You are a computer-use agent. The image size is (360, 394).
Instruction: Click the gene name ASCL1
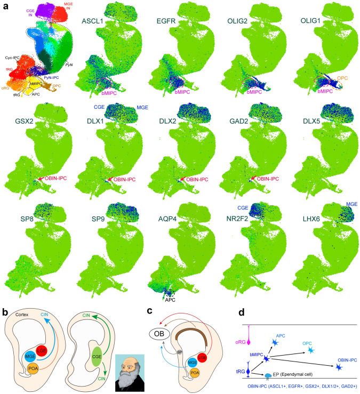tap(92, 21)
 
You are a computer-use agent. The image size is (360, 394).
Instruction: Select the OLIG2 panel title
tap(237, 21)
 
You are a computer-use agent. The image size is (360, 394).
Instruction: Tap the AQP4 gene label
tap(167, 219)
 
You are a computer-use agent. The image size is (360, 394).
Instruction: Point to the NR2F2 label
tap(237, 219)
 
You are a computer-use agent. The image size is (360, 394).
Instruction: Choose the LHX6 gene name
tap(311, 219)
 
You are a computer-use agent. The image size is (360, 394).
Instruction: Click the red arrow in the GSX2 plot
tap(41, 179)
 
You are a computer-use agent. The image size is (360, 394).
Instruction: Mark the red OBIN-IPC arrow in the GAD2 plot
tap(253, 179)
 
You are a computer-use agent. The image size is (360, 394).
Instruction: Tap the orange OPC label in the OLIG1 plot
tap(342, 78)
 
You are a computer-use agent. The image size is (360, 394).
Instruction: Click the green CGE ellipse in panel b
tap(97, 357)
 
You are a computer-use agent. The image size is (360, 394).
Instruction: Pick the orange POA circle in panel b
tap(33, 368)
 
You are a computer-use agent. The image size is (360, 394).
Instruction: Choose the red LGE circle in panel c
tap(202, 357)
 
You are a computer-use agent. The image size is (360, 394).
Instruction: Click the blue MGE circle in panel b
tap(30, 356)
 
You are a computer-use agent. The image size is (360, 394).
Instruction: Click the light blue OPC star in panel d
tap(311, 350)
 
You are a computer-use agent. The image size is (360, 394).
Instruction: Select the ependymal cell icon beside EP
tap(268, 375)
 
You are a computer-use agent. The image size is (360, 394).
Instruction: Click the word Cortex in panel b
tap(22, 315)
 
